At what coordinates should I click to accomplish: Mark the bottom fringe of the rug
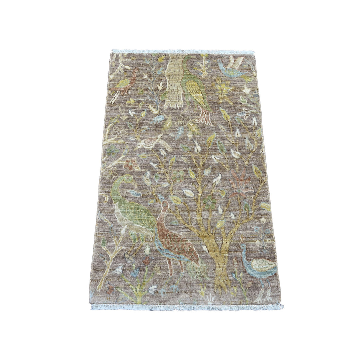187,307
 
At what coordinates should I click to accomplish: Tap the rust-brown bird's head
165,204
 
